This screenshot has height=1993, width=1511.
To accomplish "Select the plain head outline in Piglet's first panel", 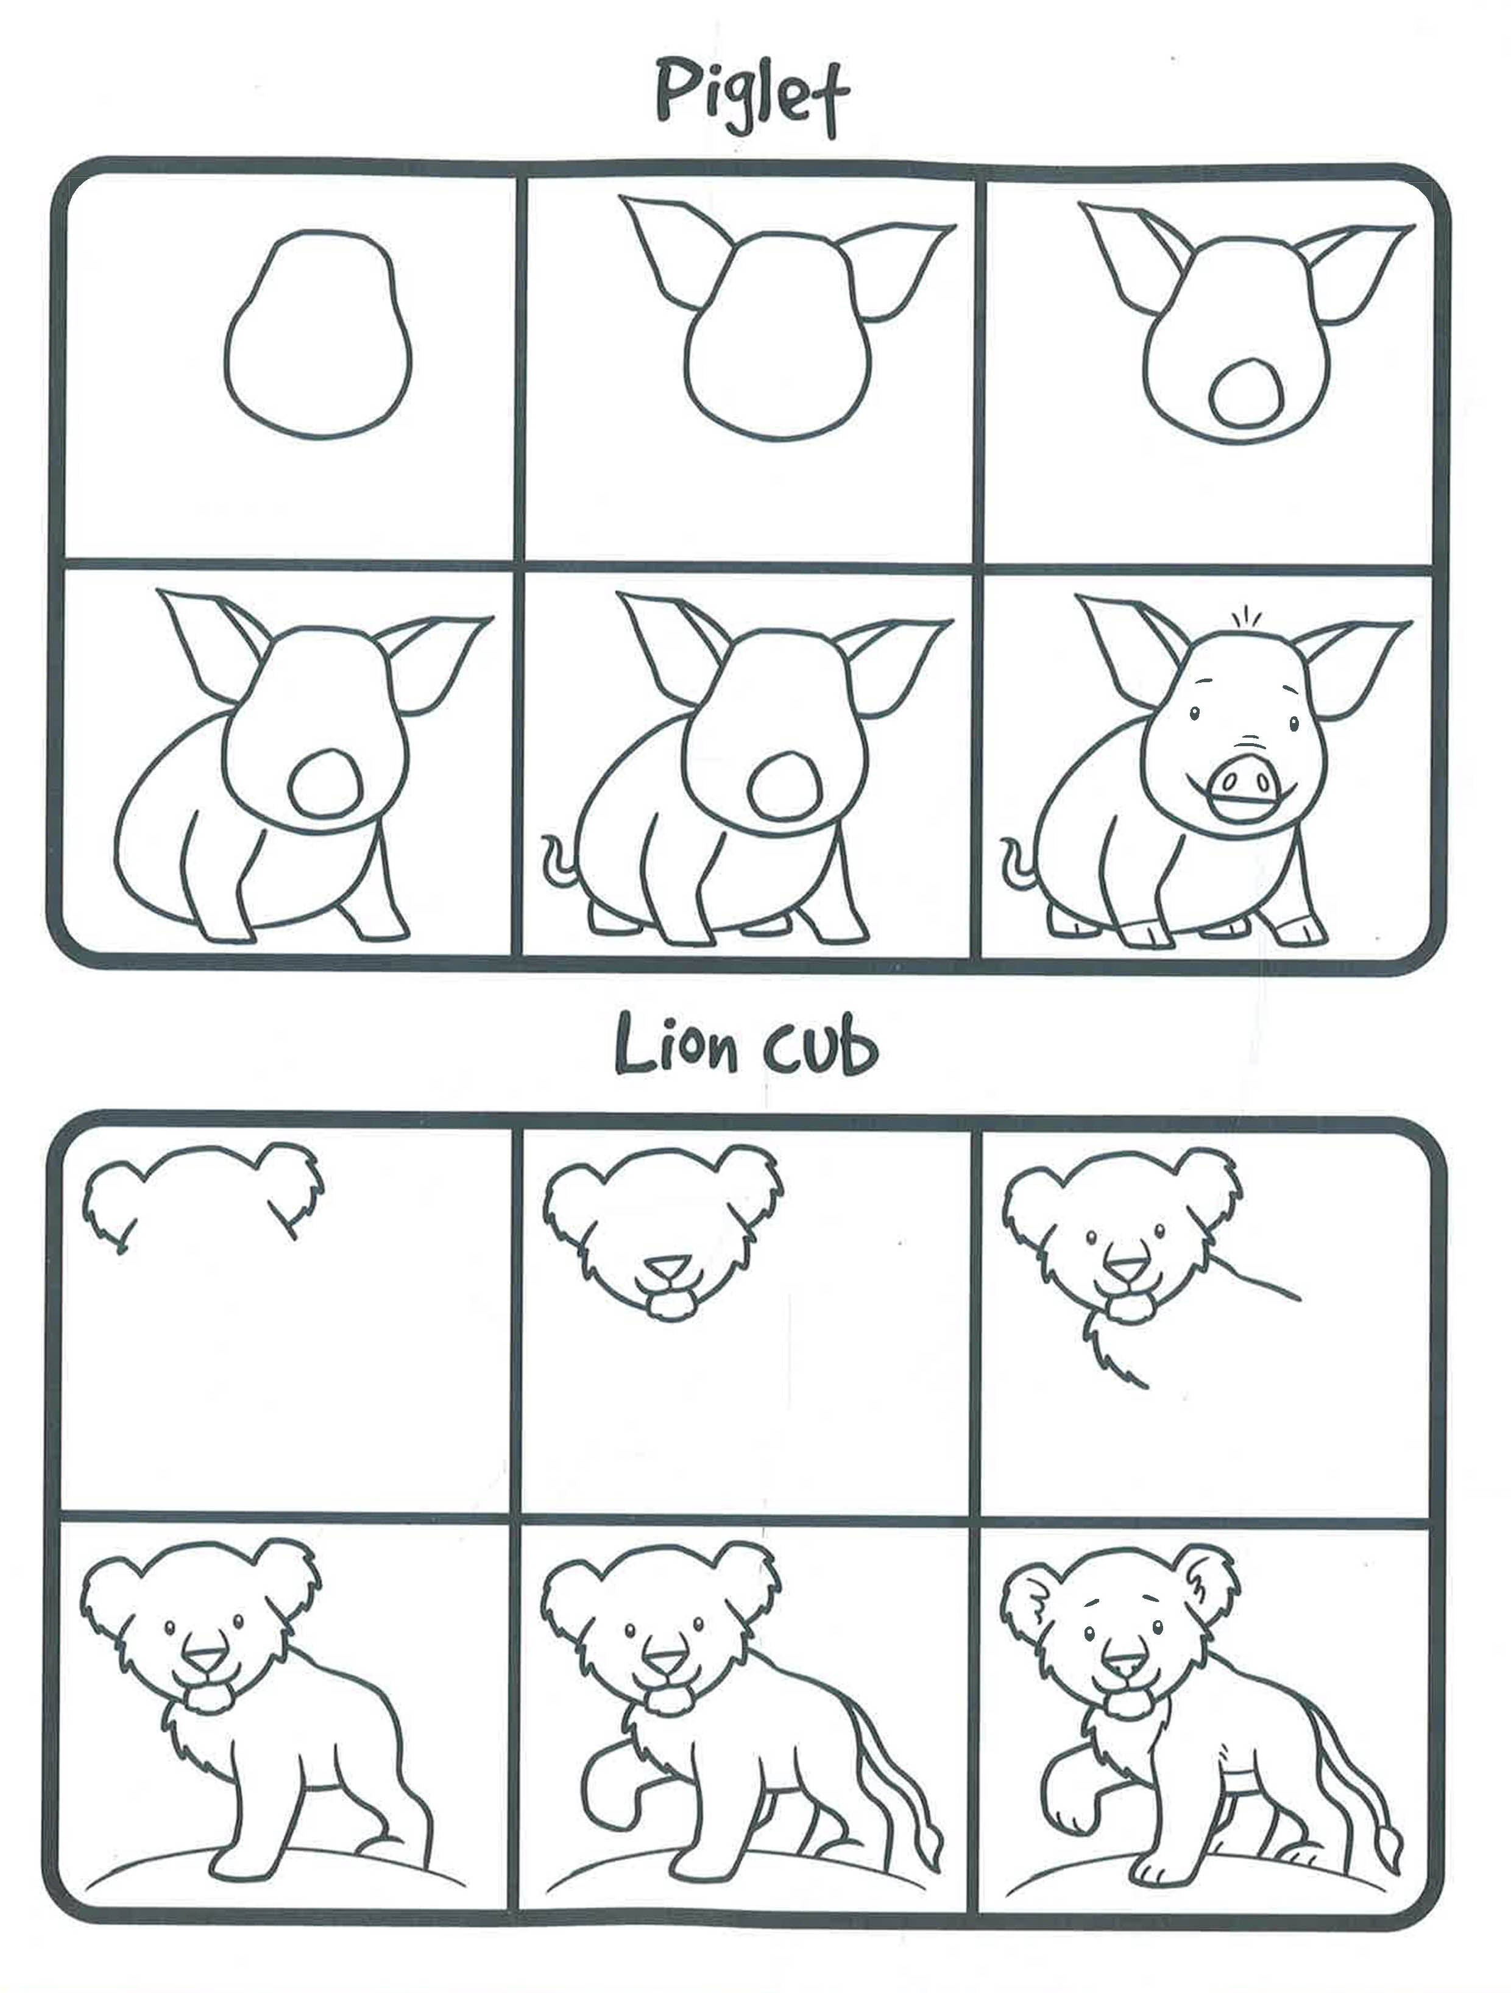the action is [x=317, y=334].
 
